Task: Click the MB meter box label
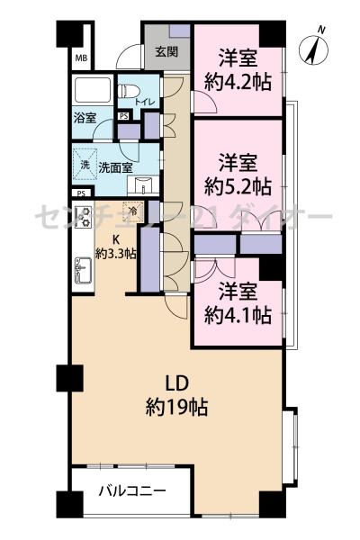tap(81, 58)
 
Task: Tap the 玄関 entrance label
tap(166, 52)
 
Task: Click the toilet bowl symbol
tap(129, 91)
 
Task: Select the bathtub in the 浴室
tap(93, 90)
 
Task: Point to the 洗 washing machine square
tap(85, 165)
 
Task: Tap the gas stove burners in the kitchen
tap(84, 217)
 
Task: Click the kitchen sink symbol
tap(83, 271)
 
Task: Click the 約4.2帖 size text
tap(238, 82)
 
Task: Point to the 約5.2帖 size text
tap(238, 186)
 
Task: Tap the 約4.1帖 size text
tap(238, 315)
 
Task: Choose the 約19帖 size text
tap(176, 407)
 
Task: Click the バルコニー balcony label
tap(132, 490)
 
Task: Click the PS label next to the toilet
tap(123, 116)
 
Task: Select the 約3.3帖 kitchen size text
tap(115, 255)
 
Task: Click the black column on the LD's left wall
tap(69, 378)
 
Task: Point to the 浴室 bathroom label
tap(85, 119)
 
